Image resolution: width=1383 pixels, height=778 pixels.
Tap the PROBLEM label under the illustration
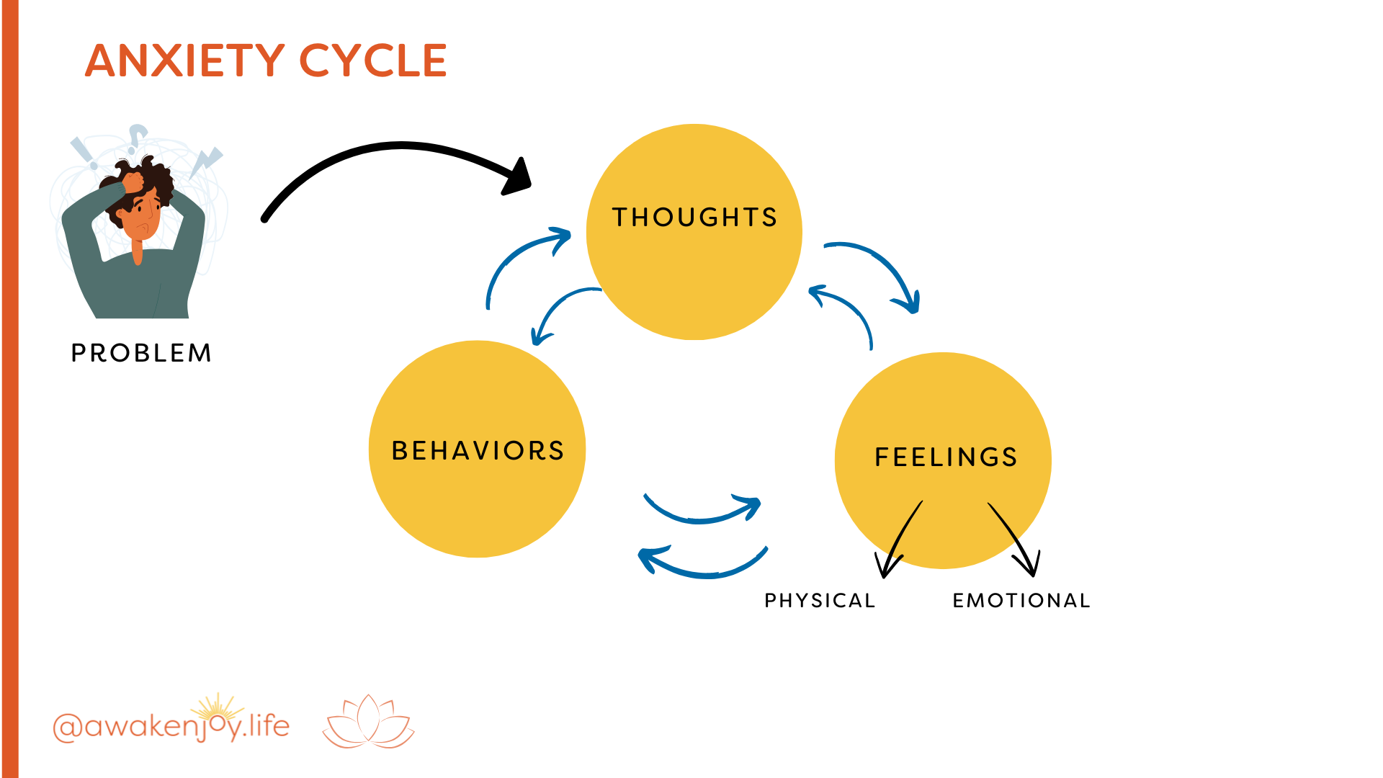coord(141,353)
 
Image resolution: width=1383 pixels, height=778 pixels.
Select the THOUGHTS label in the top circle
coord(694,217)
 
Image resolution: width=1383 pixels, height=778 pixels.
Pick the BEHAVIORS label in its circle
coord(478,450)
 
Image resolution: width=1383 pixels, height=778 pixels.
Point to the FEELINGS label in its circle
coord(946,457)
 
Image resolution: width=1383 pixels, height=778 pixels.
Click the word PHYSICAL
coord(820,600)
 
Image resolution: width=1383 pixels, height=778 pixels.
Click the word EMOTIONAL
coord(1021,600)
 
